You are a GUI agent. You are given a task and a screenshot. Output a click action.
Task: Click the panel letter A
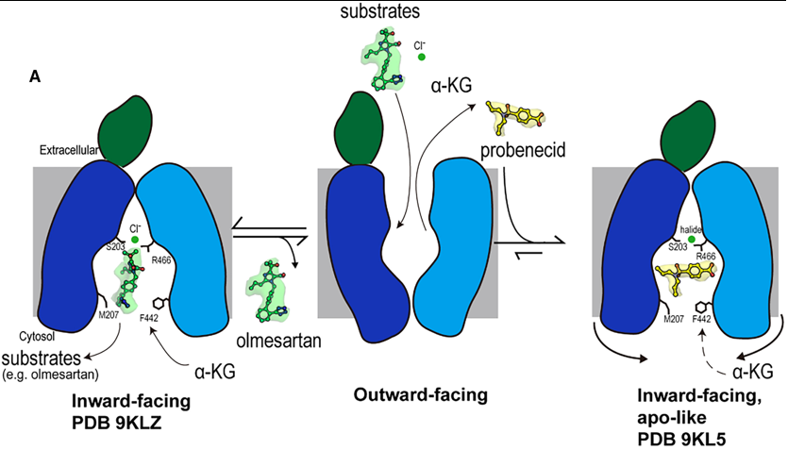[x=35, y=77]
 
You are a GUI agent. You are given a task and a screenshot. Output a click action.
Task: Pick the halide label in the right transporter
[x=693, y=228]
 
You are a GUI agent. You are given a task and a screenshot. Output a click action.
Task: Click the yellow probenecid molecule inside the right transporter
[x=684, y=275]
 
